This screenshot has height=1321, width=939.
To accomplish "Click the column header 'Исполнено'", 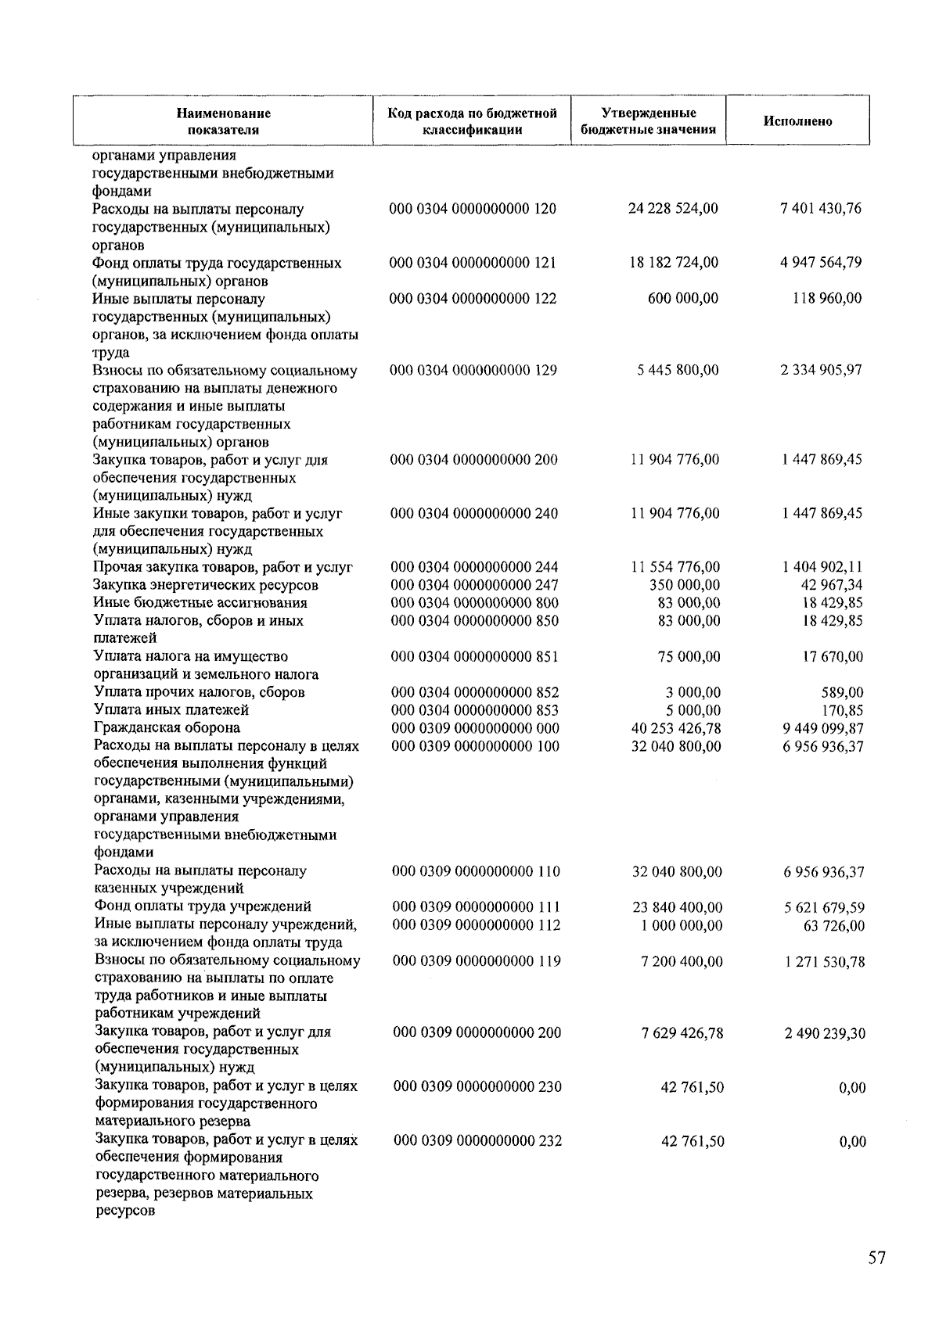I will (x=797, y=121).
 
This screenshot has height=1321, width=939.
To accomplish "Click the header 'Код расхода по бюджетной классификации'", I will (x=472, y=121).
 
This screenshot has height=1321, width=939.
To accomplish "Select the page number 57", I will (x=876, y=1258).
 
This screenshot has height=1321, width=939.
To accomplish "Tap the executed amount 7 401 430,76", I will (x=821, y=208).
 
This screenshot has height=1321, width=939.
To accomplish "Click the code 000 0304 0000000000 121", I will (x=473, y=262).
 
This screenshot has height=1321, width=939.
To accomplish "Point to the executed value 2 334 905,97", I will (x=821, y=370).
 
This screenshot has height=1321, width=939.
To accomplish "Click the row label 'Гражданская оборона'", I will (x=167, y=728).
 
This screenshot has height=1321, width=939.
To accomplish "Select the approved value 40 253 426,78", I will (x=676, y=728).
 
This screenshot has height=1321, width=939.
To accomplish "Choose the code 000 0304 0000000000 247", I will (x=474, y=585).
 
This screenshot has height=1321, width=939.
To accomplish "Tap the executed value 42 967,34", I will (x=833, y=585).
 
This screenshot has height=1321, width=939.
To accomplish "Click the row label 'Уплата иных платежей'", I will (x=171, y=710).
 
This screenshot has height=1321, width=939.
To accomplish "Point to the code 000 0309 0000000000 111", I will (x=476, y=907).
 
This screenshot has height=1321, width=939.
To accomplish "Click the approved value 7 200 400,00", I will (x=682, y=961).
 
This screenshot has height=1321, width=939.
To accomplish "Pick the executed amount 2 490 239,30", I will (x=825, y=1033).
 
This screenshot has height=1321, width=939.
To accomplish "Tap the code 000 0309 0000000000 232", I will (x=477, y=1141).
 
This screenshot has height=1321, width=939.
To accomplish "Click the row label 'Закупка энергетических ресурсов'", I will (x=206, y=585).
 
